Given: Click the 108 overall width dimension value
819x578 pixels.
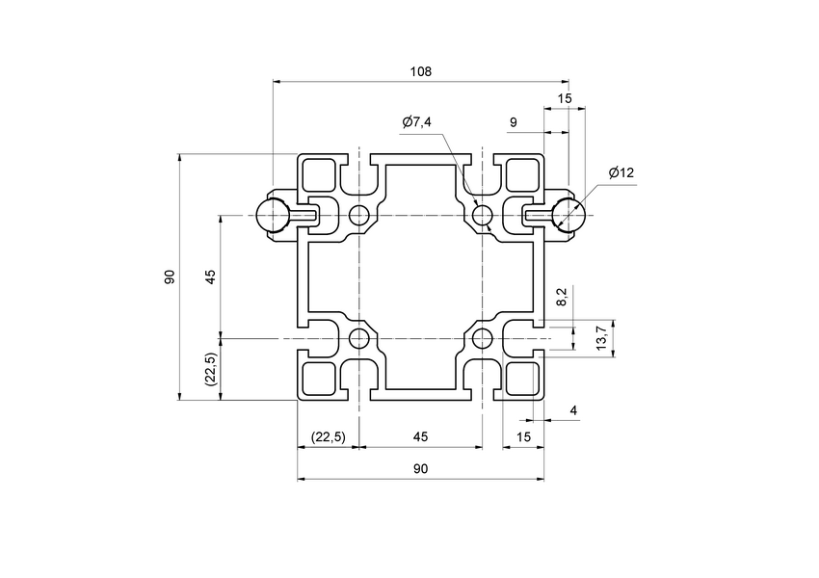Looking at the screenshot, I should coord(421,71).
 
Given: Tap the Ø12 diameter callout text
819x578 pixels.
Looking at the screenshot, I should coord(621,173).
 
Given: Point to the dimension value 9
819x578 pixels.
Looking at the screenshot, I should coord(513,122).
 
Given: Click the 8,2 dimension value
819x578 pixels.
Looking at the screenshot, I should coord(563,298).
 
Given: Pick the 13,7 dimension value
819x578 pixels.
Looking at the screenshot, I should coord(602,338).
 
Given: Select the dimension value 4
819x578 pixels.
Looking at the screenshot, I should coord(574,411).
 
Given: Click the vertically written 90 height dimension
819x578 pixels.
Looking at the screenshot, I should coord(170,276).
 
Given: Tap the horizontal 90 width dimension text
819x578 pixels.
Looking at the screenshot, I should coord(420,469).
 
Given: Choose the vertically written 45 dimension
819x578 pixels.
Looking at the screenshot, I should coord(210,276).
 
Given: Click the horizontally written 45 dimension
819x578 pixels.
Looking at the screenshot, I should coord(420,437).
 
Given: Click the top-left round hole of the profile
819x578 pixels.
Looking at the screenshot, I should coord(359,215).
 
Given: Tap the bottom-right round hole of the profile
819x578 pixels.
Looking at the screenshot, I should coord(482,338).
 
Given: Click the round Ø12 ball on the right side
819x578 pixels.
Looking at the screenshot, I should coord(568,215).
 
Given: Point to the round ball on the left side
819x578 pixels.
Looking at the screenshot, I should coord(273,215).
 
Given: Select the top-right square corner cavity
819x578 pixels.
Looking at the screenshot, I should coord(521,174).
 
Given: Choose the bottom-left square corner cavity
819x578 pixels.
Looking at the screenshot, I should coord(319,379).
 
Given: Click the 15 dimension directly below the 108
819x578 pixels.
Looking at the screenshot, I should coord(565,99).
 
